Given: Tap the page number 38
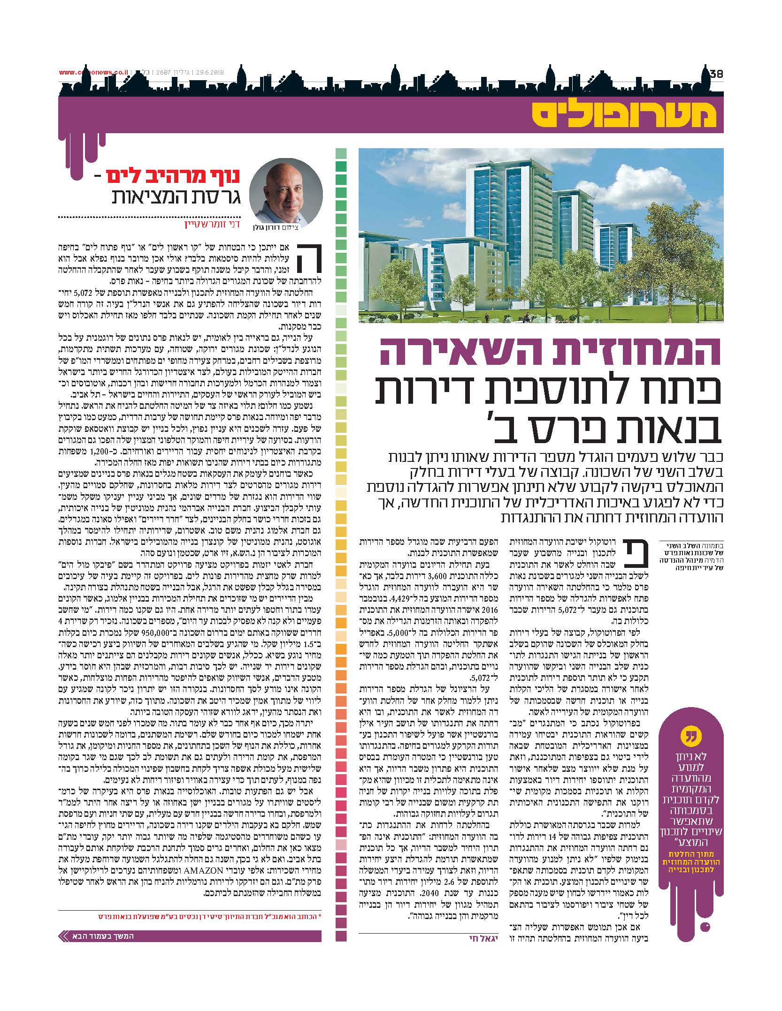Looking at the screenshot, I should [716, 74].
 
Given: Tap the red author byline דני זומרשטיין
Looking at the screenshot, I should [214, 226].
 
